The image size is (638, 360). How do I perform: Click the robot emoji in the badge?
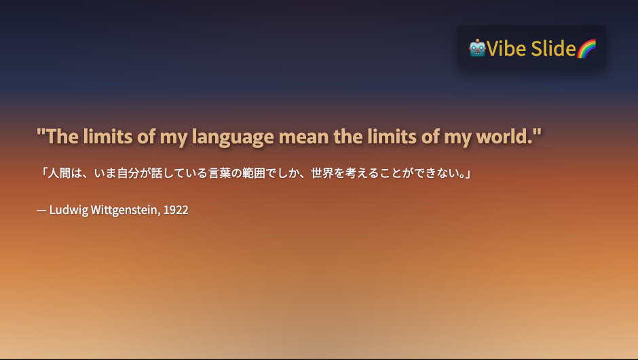(x=477, y=48)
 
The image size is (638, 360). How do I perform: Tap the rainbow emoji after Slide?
(x=586, y=48)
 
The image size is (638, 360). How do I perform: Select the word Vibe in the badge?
(x=506, y=48)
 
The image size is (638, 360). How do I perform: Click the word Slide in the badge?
(x=553, y=48)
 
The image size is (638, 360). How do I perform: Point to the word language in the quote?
(x=233, y=137)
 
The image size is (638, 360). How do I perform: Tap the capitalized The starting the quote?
(x=62, y=137)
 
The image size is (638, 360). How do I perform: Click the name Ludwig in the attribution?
(x=69, y=210)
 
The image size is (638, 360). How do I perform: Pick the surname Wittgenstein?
(x=126, y=210)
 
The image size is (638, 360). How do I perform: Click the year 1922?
(x=176, y=210)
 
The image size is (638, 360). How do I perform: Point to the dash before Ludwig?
(x=41, y=211)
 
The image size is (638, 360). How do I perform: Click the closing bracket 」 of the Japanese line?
(x=468, y=174)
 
